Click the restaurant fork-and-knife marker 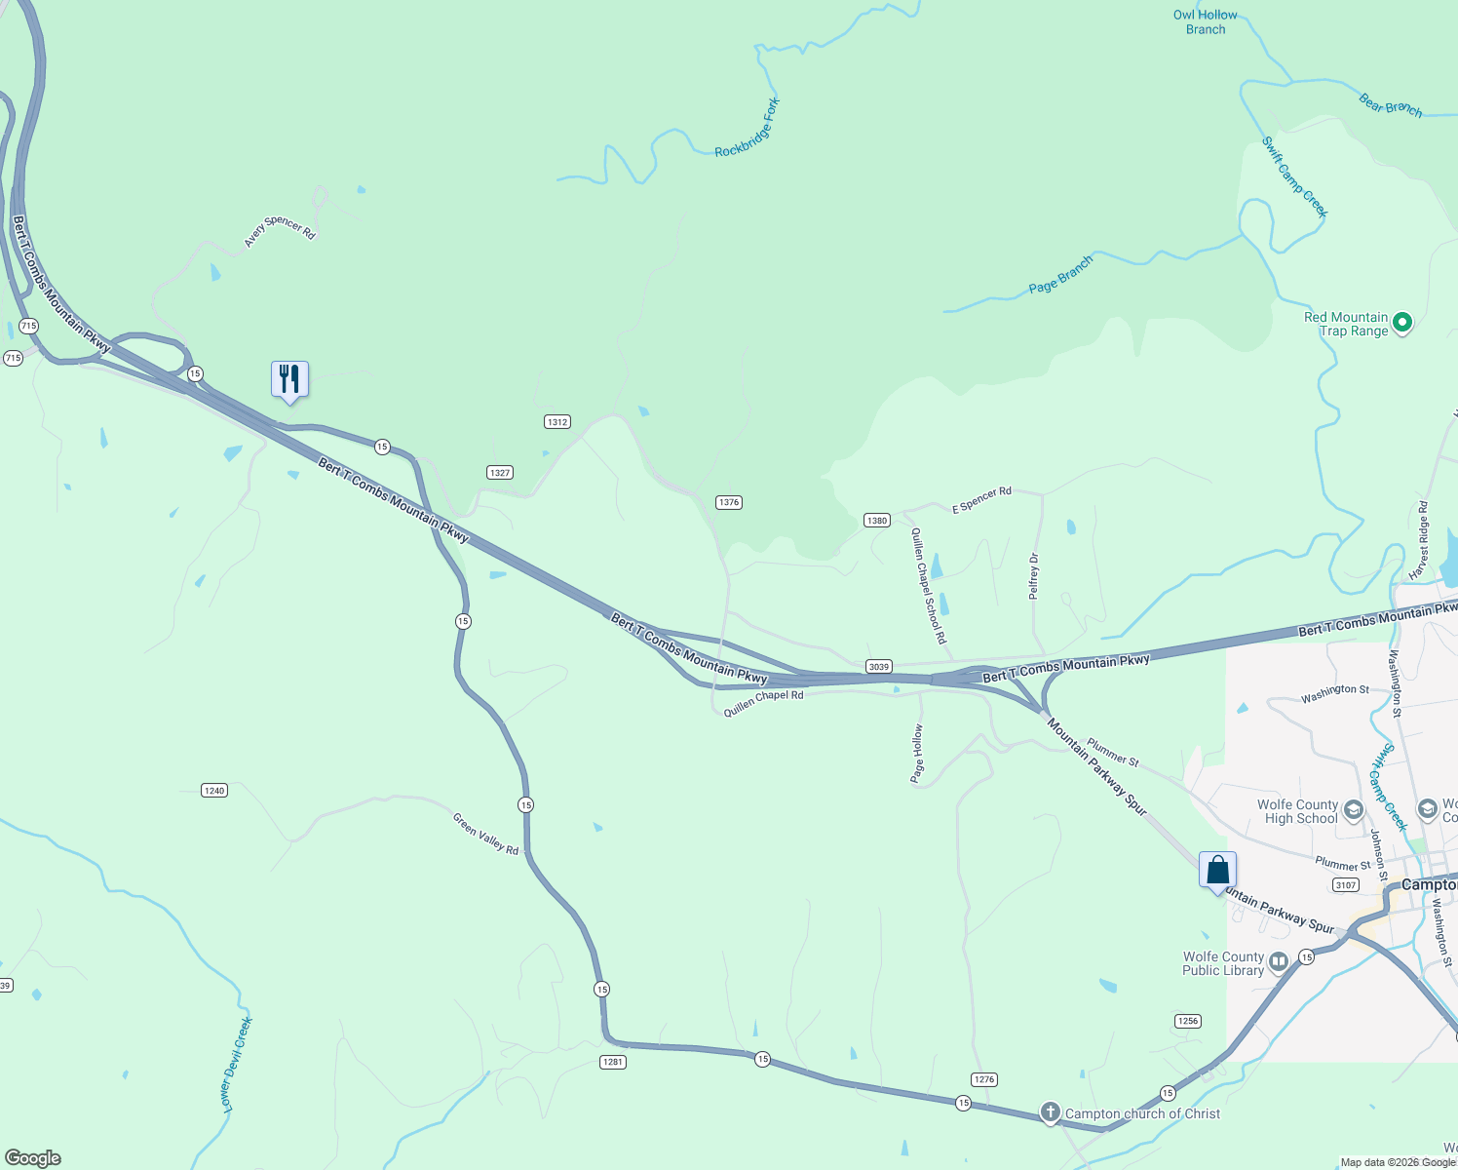pyautogui.click(x=289, y=379)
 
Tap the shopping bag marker pyautogui.click(x=1217, y=870)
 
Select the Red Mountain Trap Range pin pyautogui.click(x=1402, y=322)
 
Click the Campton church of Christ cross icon pyautogui.click(x=1050, y=1112)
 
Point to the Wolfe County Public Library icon pyautogui.click(x=1279, y=962)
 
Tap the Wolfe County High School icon pyautogui.click(x=1353, y=810)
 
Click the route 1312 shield pyautogui.click(x=556, y=422)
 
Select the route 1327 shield pyautogui.click(x=500, y=473)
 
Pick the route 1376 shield pyautogui.click(x=729, y=503)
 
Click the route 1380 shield pyautogui.click(x=877, y=521)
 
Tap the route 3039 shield pyautogui.click(x=879, y=667)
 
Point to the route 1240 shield pyautogui.click(x=214, y=791)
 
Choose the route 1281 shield pyautogui.click(x=612, y=1062)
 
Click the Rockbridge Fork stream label pyautogui.click(x=748, y=129)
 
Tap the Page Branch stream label pyautogui.click(x=1060, y=275)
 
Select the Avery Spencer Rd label pyautogui.click(x=280, y=231)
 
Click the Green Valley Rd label pyautogui.click(x=485, y=834)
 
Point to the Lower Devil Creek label pyautogui.click(x=237, y=1065)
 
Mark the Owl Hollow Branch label pyautogui.click(x=1206, y=22)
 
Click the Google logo pyautogui.click(x=33, y=1158)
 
